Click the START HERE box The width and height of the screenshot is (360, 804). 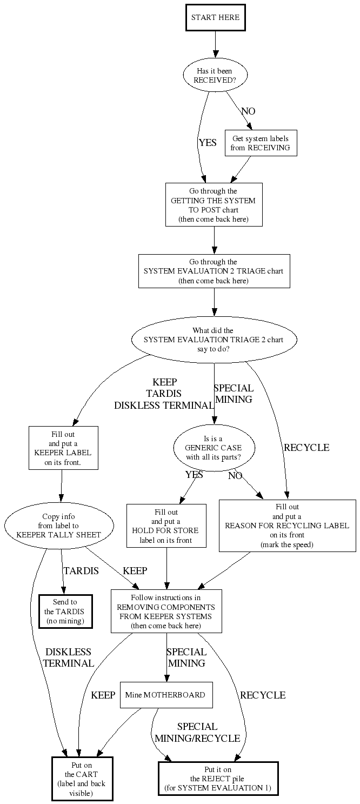215,18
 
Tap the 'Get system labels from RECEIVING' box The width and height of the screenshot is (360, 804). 261,143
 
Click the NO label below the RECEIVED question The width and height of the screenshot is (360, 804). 248,111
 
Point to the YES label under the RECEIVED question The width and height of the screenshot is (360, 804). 208,143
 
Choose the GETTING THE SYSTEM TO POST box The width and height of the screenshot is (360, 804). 214,204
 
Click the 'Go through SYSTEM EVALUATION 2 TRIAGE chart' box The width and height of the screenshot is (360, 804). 214,271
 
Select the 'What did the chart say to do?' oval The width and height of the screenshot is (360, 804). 214,340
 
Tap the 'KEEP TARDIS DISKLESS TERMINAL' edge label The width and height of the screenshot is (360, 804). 164,394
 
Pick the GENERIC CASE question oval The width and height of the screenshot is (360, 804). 214,448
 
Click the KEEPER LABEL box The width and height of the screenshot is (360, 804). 63,448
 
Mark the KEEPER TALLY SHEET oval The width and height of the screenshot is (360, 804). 59,525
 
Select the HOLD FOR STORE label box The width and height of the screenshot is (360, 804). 166,525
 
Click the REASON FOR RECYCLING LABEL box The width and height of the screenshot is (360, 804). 287,525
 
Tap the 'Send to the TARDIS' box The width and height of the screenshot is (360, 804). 65,611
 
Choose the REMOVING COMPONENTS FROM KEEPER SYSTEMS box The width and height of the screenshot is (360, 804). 166,611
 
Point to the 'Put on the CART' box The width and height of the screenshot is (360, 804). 82,779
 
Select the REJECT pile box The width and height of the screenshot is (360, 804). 218,779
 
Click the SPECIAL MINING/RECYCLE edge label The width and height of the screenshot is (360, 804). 197,733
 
